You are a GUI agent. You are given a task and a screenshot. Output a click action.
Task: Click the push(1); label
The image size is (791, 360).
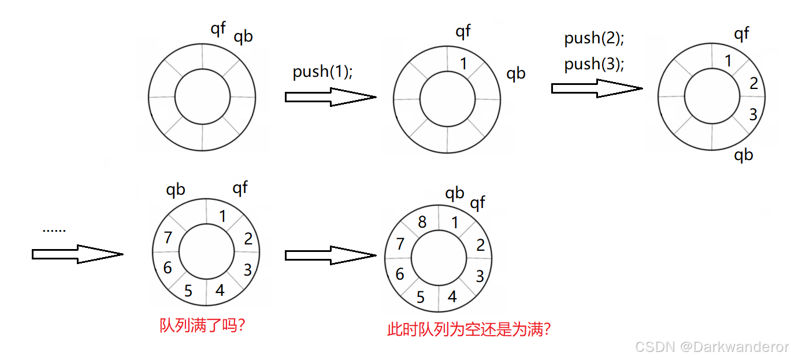[x=322, y=72]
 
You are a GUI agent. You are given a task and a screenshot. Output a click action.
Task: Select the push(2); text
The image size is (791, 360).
[x=595, y=39]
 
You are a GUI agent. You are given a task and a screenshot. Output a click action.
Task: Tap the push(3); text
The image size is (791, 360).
[x=595, y=64]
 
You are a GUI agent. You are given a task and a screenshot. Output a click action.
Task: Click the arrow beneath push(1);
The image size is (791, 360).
[x=330, y=97]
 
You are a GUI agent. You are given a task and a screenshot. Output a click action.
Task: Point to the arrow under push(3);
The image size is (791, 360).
[x=596, y=88]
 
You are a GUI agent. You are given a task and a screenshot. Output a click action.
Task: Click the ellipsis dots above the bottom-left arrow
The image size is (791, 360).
[x=54, y=230]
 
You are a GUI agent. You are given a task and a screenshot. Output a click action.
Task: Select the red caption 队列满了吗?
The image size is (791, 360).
[x=203, y=325]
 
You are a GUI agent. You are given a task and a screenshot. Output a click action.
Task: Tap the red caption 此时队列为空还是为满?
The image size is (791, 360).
[x=469, y=330]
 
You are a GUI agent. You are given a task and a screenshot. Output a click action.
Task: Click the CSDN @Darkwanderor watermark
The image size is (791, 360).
[x=712, y=347]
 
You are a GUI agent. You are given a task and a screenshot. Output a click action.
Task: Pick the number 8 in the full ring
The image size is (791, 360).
[x=422, y=222]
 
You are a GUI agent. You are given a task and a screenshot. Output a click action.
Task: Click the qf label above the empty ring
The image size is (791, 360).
[x=218, y=29]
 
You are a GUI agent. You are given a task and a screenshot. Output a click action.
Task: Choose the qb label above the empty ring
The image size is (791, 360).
[x=243, y=37]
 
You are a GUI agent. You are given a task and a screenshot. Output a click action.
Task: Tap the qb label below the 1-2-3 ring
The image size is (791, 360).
[x=744, y=155]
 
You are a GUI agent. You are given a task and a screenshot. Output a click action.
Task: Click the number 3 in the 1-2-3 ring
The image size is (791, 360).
[x=753, y=114]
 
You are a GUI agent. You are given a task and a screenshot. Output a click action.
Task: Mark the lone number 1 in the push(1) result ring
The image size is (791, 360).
[x=463, y=64]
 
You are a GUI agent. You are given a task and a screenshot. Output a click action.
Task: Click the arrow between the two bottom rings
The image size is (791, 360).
[x=330, y=255]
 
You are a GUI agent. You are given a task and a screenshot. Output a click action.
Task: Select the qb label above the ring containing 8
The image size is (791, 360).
[x=454, y=194]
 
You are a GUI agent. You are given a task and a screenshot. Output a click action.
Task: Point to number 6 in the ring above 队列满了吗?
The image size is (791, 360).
[x=168, y=268]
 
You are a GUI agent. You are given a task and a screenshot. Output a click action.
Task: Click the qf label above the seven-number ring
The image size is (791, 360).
[x=240, y=188]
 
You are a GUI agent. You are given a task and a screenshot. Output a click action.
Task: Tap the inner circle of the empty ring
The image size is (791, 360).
[x=202, y=97]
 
